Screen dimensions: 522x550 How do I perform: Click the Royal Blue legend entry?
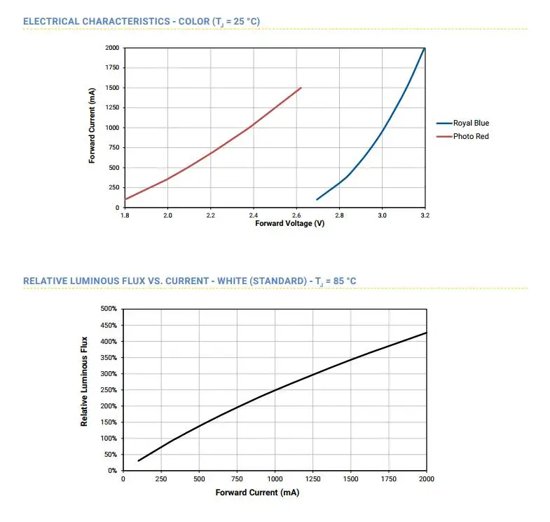(x=471, y=123)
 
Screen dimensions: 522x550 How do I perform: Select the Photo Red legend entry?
(x=470, y=136)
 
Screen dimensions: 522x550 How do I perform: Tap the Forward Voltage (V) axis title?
(x=289, y=224)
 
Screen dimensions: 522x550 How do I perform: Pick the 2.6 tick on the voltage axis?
(x=296, y=215)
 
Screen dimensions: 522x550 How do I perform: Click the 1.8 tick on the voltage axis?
(x=125, y=215)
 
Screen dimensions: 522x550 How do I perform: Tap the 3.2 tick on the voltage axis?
(x=425, y=215)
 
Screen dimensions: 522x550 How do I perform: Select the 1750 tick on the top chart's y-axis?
(x=111, y=68)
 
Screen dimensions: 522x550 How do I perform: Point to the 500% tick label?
(x=108, y=309)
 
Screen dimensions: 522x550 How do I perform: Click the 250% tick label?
(x=108, y=390)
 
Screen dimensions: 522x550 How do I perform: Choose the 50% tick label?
(x=110, y=455)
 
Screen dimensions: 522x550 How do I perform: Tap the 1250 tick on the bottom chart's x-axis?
(x=313, y=479)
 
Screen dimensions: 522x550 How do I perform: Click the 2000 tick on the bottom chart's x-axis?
(x=426, y=479)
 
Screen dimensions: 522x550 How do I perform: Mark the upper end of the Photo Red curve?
(x=301, y=88)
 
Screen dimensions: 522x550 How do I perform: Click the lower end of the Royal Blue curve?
(x=317, y=200)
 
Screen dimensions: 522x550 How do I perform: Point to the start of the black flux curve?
(x=139, y=461)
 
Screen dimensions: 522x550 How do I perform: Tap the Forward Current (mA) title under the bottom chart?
(x=257, y=493)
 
